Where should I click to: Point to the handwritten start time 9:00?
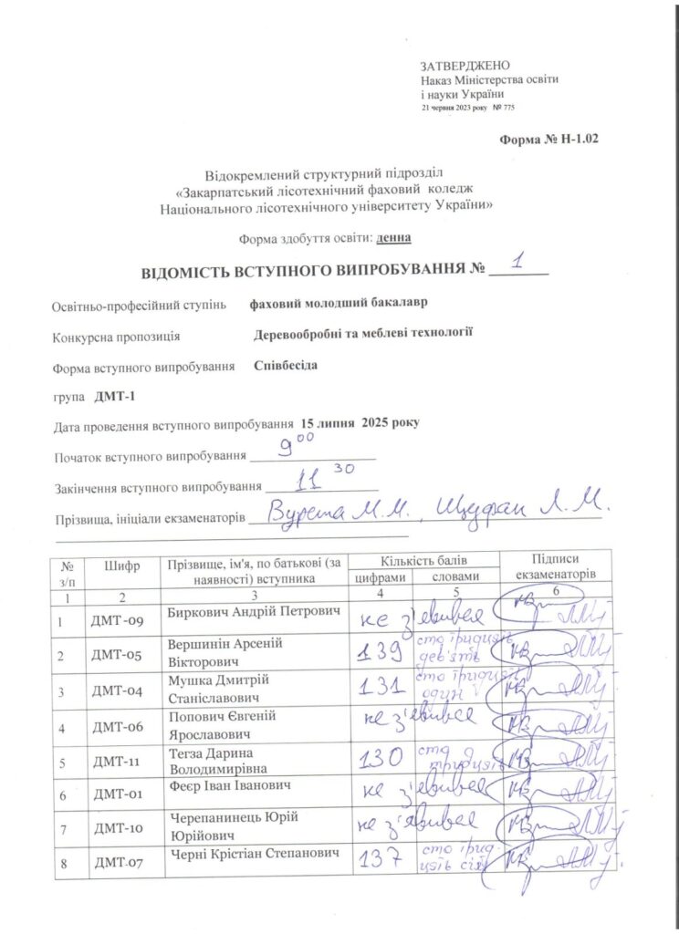click(297, 447)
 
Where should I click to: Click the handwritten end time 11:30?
click(314, 479)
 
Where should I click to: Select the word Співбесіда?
click(286, 366)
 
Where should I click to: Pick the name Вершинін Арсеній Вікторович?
click(225, 651)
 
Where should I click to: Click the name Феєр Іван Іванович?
click(229, 785)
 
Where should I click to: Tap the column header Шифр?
click(122, 566)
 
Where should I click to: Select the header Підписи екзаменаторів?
click(555, 566)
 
